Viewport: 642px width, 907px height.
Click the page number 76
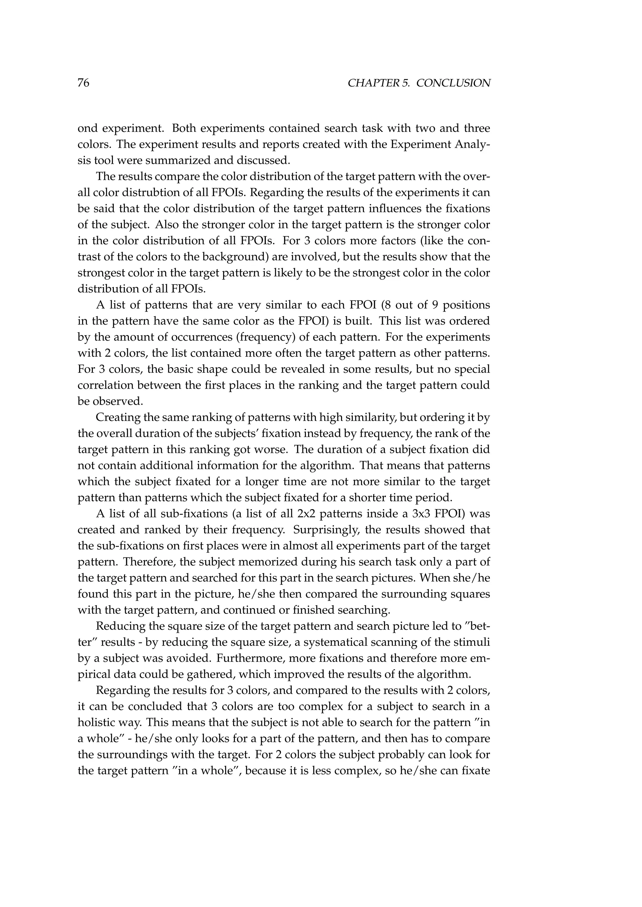click(83, 83)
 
